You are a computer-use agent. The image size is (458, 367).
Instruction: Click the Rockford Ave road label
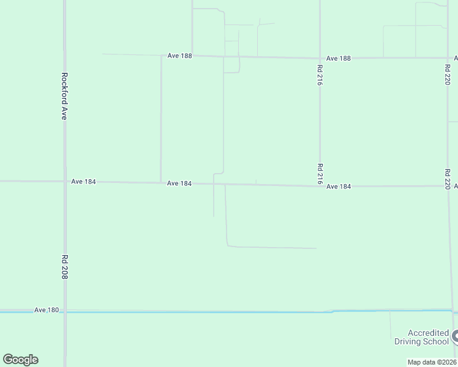tap(64, 96)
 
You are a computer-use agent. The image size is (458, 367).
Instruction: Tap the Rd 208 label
tap(64, 267)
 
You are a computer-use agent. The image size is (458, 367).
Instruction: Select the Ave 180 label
tap(47, 310)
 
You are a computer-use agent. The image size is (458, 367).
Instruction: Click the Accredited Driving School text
tap(421, 337)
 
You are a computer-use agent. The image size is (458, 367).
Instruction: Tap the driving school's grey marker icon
tap(455, 336)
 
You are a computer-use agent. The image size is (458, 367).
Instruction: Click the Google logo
tap(20, 360)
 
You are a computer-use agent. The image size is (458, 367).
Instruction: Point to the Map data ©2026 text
tap(432, 361)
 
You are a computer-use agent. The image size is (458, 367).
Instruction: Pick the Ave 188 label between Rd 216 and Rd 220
tap(339, 58)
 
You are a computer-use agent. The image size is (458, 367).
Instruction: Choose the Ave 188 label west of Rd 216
tap(179, 56)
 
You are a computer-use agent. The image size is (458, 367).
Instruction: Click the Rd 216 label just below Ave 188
tap(320, 73)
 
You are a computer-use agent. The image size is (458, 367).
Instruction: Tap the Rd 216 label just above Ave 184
tap(320, 174)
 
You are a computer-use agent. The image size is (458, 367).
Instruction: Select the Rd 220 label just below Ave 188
tap(448, 73)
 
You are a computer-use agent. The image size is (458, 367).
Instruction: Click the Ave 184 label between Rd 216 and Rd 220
tap(339, 186)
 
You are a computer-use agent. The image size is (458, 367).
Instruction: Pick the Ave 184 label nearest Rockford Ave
tap(83, 182)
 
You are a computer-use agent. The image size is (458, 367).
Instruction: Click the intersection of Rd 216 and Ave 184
tap(320, 185)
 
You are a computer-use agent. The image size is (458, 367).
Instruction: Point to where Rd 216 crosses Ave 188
tap(320, 58)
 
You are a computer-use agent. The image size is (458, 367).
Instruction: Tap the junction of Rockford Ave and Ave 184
tap(64, 181)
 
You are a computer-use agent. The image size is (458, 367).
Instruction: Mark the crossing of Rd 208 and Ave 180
tap(64, 312)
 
